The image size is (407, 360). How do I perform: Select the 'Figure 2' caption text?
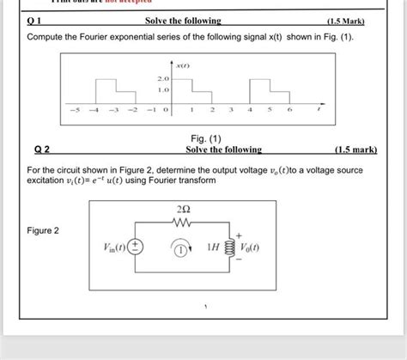[44, 230]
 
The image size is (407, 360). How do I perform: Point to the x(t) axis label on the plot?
[182, 65]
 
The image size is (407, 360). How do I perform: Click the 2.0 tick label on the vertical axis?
[163, 79]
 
